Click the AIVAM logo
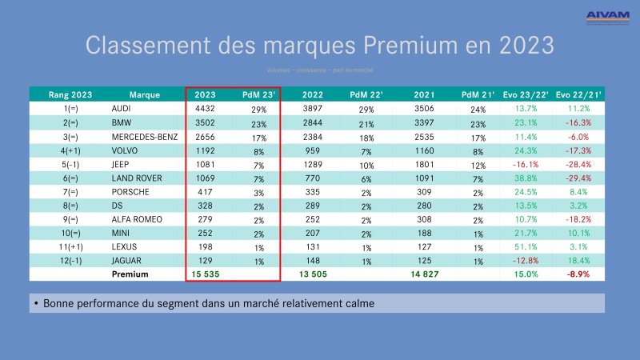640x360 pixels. click(607, 16)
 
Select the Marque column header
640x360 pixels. click(133, 94)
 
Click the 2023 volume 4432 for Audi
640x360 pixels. click(206, 108)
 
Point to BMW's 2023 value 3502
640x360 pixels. click(206, 123)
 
